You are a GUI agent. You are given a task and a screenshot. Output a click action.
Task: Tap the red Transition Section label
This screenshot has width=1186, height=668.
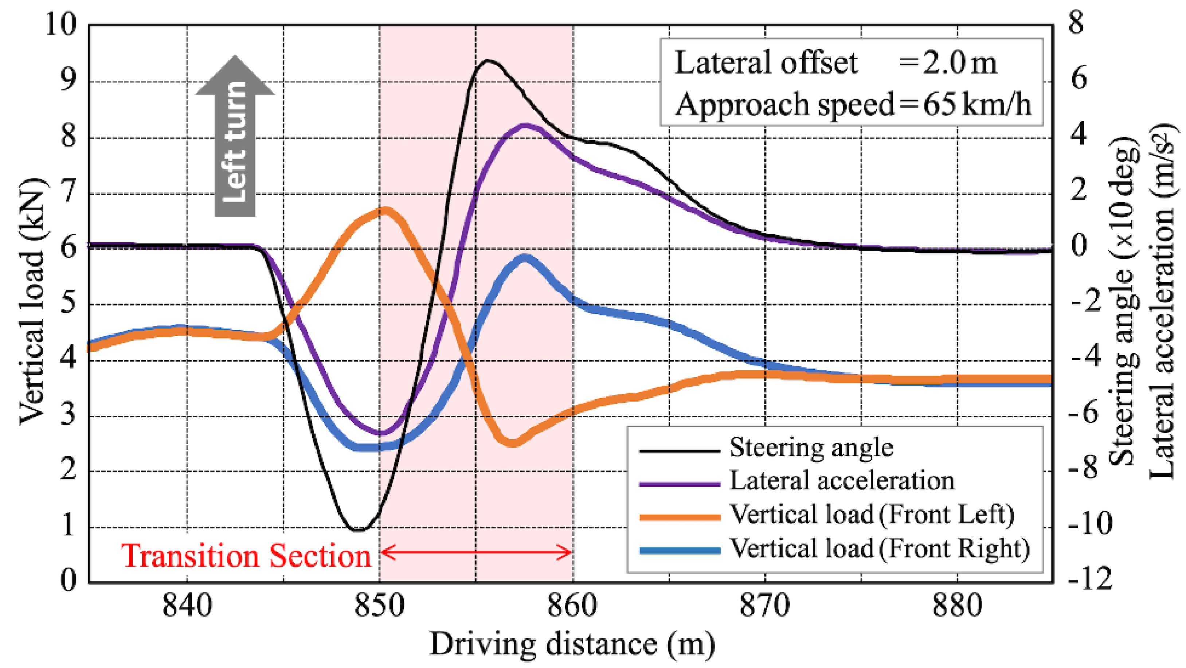pyautogui.click(x=246, y=556)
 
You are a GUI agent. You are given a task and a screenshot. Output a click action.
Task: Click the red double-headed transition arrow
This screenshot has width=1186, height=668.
pyautogui.click(x=477, y=551)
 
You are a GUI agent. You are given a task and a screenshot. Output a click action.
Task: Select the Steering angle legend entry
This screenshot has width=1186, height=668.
pyautogui.click(x=810, y=448)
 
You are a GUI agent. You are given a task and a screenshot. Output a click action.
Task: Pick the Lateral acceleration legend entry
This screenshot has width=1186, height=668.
pyautogui.click(x=842, y=481)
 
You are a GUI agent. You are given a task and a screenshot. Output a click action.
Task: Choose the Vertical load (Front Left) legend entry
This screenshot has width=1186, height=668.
pyautogui.click(x=872, y=515)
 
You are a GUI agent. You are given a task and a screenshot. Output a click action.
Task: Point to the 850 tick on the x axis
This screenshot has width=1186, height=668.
pyautogui.click(x=379, y=606)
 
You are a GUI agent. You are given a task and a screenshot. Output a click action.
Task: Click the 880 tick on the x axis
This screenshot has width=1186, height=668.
pyautogui.click(x=957, y=606)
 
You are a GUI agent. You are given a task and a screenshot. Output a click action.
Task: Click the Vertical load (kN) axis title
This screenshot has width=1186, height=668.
pyautogui.click(x=32, y=301)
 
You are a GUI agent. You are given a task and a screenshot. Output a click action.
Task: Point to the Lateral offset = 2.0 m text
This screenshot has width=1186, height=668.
pyautogui.click(x=834, y=63)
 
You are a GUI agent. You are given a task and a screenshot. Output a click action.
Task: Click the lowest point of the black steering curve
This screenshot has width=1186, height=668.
pyautogui.click(x=358, y=530)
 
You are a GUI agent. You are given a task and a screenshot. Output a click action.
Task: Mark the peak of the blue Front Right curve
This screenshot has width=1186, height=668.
pyautogui.click(x=525, y=258)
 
